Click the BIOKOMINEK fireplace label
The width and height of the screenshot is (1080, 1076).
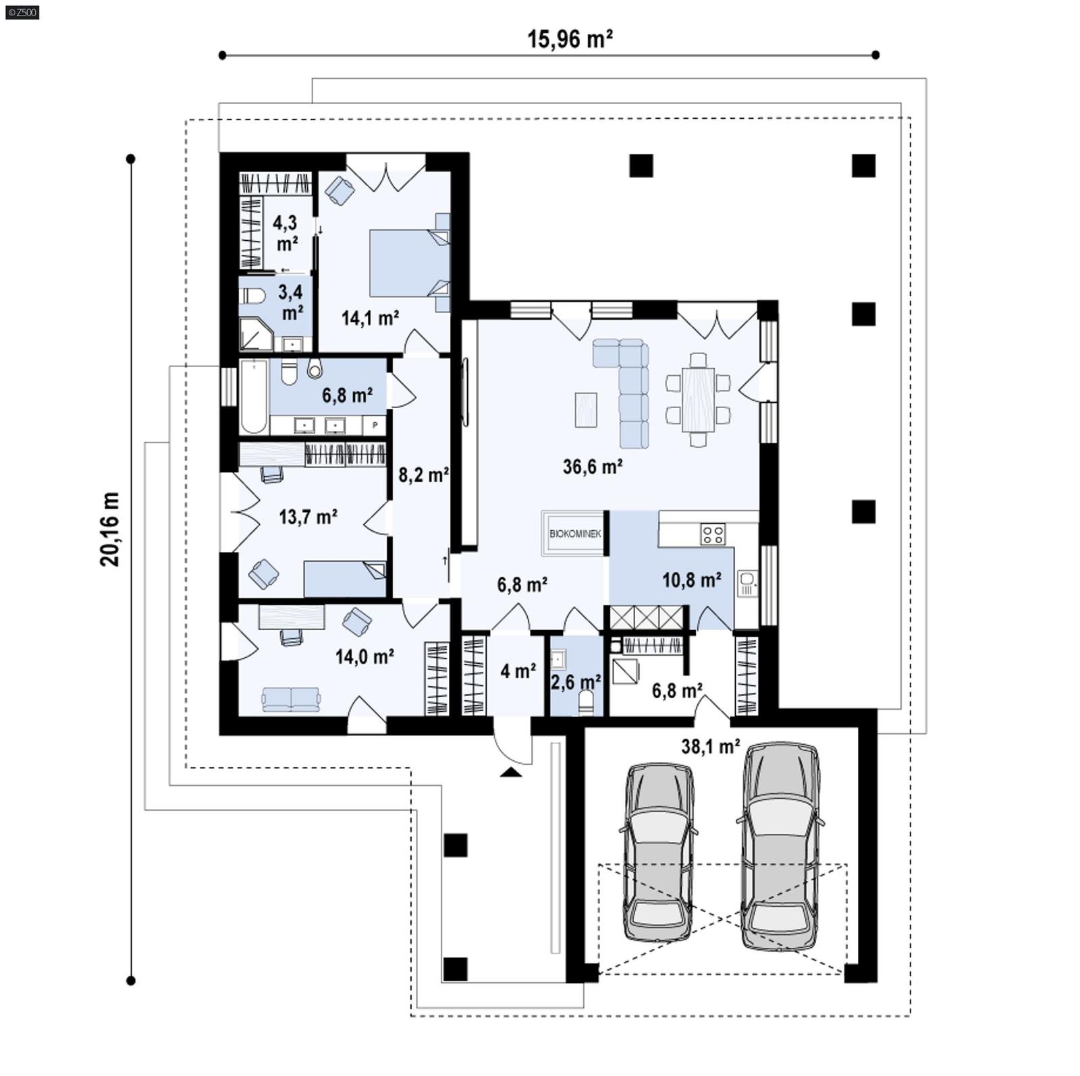pos(574,534)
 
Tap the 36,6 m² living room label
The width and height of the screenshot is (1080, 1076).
pos(592,466)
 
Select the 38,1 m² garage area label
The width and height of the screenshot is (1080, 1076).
pos(710,746)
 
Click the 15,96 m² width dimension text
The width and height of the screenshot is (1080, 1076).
pos(570,39)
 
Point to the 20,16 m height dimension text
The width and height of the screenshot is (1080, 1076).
pos(110,529)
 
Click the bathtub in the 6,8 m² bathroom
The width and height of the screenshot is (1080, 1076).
pos(254,397)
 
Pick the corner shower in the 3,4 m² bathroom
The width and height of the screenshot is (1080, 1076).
pos(254,335)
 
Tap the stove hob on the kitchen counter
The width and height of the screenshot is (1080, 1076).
pos(713,535)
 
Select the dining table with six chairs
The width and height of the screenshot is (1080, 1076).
pos(698,399)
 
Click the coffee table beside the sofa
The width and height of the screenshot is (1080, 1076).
pos(586,409)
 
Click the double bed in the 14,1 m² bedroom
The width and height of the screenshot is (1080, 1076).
pos(409,262)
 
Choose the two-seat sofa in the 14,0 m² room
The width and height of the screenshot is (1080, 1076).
pos(291,699)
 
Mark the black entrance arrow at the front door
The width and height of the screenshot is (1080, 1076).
pos(511,772)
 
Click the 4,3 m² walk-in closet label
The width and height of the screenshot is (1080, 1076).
pos(286,232)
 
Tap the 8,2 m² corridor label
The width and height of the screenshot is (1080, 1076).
pos(423,475)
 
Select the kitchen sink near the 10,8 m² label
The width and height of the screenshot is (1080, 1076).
pos(747,581)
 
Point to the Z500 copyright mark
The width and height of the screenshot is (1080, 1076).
pos(22,11)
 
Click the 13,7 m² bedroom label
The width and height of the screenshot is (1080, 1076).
pos(308,517)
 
